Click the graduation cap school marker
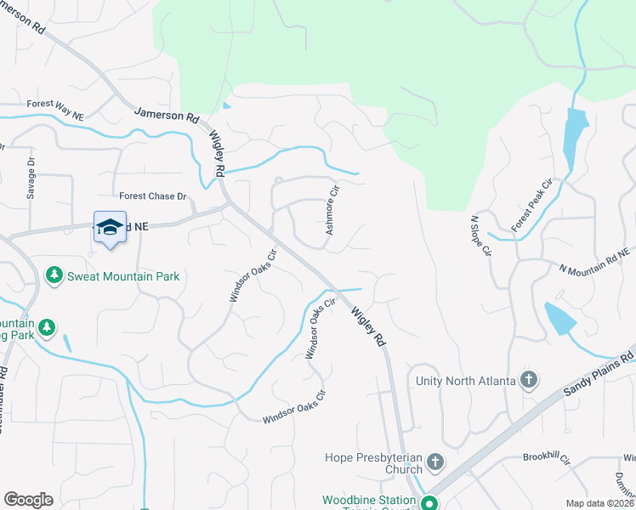coord(110,226)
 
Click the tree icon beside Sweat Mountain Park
coord(54,275)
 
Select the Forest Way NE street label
coord(55,110)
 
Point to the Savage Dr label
coord(31,177)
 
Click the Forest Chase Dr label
coord(152,196)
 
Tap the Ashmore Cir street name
coord(333,210)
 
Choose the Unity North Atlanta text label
coord(466,380)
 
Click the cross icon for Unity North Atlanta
coord(528,379)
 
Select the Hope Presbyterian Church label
coord(374,463)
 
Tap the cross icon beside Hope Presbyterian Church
coord(434,462)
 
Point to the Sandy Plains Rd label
coord(599,371)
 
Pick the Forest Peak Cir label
coord(531,206)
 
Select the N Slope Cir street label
coord(480,235)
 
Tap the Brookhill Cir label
coord(546,456)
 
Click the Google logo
coord(28,500)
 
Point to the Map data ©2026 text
coord(599,503)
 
